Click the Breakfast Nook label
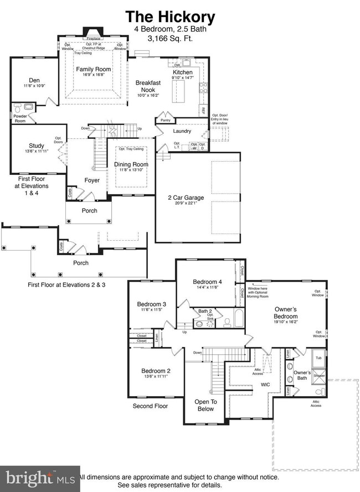pyautogui.click(x=148, y=86)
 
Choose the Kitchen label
pyautogui.click(x=183, y=72)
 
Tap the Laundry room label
pyautogui.click(x=182, y=131)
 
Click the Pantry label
pyautogui.click(x=164, y=120)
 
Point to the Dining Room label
pyautogui.click(x=131, y=164)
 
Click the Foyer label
pyautogui.click(x=91, y=180)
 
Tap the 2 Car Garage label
pyautogui.click(x=186, y=197)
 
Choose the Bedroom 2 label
pyautogui.click(x=156, y=371)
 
